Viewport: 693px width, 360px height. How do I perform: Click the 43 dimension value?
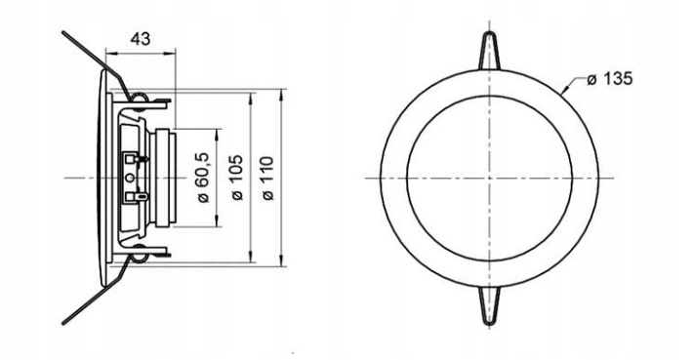pos(141,39)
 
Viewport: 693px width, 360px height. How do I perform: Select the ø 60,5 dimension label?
pos(203,178)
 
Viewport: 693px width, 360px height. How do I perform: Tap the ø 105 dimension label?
pos(237,178)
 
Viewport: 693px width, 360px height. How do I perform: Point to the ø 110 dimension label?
pos(268,178)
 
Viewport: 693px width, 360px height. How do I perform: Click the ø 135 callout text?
pos(610,79)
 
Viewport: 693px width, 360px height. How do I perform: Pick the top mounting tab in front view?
pos(490,51)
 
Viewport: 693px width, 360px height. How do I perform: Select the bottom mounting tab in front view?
pos(490,305)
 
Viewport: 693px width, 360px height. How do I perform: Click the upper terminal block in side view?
pos(134,158)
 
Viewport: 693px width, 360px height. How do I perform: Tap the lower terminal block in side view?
pos(135,196)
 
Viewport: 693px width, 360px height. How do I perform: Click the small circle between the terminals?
pos(130,178)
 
